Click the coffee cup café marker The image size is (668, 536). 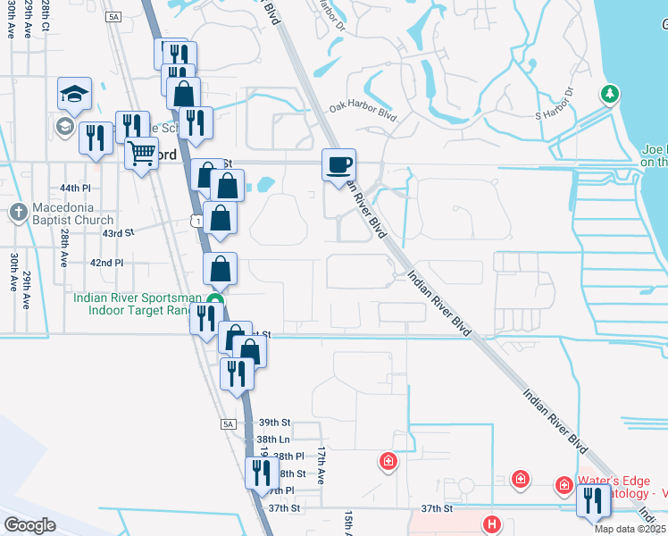pyautogui.click(x=339, y=165)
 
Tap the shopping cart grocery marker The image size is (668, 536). pyautogui.click(x=141, y=155)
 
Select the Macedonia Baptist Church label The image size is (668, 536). pyautogui.click(x=71, y=220)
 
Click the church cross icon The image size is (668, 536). pyautogui.click(x=18, y=213)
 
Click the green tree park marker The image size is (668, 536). pyautogui.click(x=611, y=94)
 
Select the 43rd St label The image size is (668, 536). pyautogui.click(x=118, y=232)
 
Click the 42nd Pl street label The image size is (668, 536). pyautogui.click(x=106, y=263)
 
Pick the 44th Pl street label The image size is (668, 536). pyautogui.click(x=76, y=188)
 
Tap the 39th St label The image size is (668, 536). pyautogui.click(x=275, y=422)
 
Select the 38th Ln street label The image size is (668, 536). pyautogui.click(x=273, y=440)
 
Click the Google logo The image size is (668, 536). pyautogui.click(x=30, y=524)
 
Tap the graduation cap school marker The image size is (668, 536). pyautogui.click(x=75, y=94)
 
